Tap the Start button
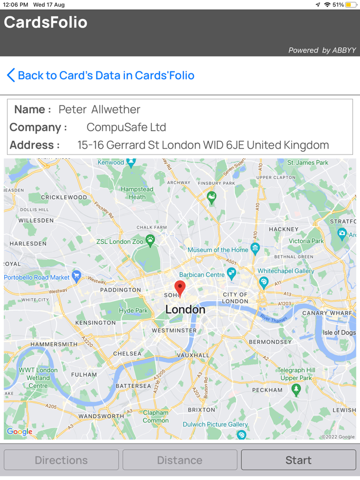(298, 460)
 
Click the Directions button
(61, 460)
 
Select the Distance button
(179, 460)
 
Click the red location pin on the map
(179, 288)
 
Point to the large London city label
(185, 309)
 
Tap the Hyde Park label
(133, 310)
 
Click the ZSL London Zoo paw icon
(150, 239)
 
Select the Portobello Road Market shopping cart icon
(77, 276)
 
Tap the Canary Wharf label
(327, 313)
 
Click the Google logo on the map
(20, 432)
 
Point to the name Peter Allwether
(99, 109)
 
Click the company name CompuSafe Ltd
(126, 127)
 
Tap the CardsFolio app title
(46, 23)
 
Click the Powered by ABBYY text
(322, 50)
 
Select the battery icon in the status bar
(351, 5)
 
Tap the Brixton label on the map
(202, 410)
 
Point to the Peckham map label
(267, 390)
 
